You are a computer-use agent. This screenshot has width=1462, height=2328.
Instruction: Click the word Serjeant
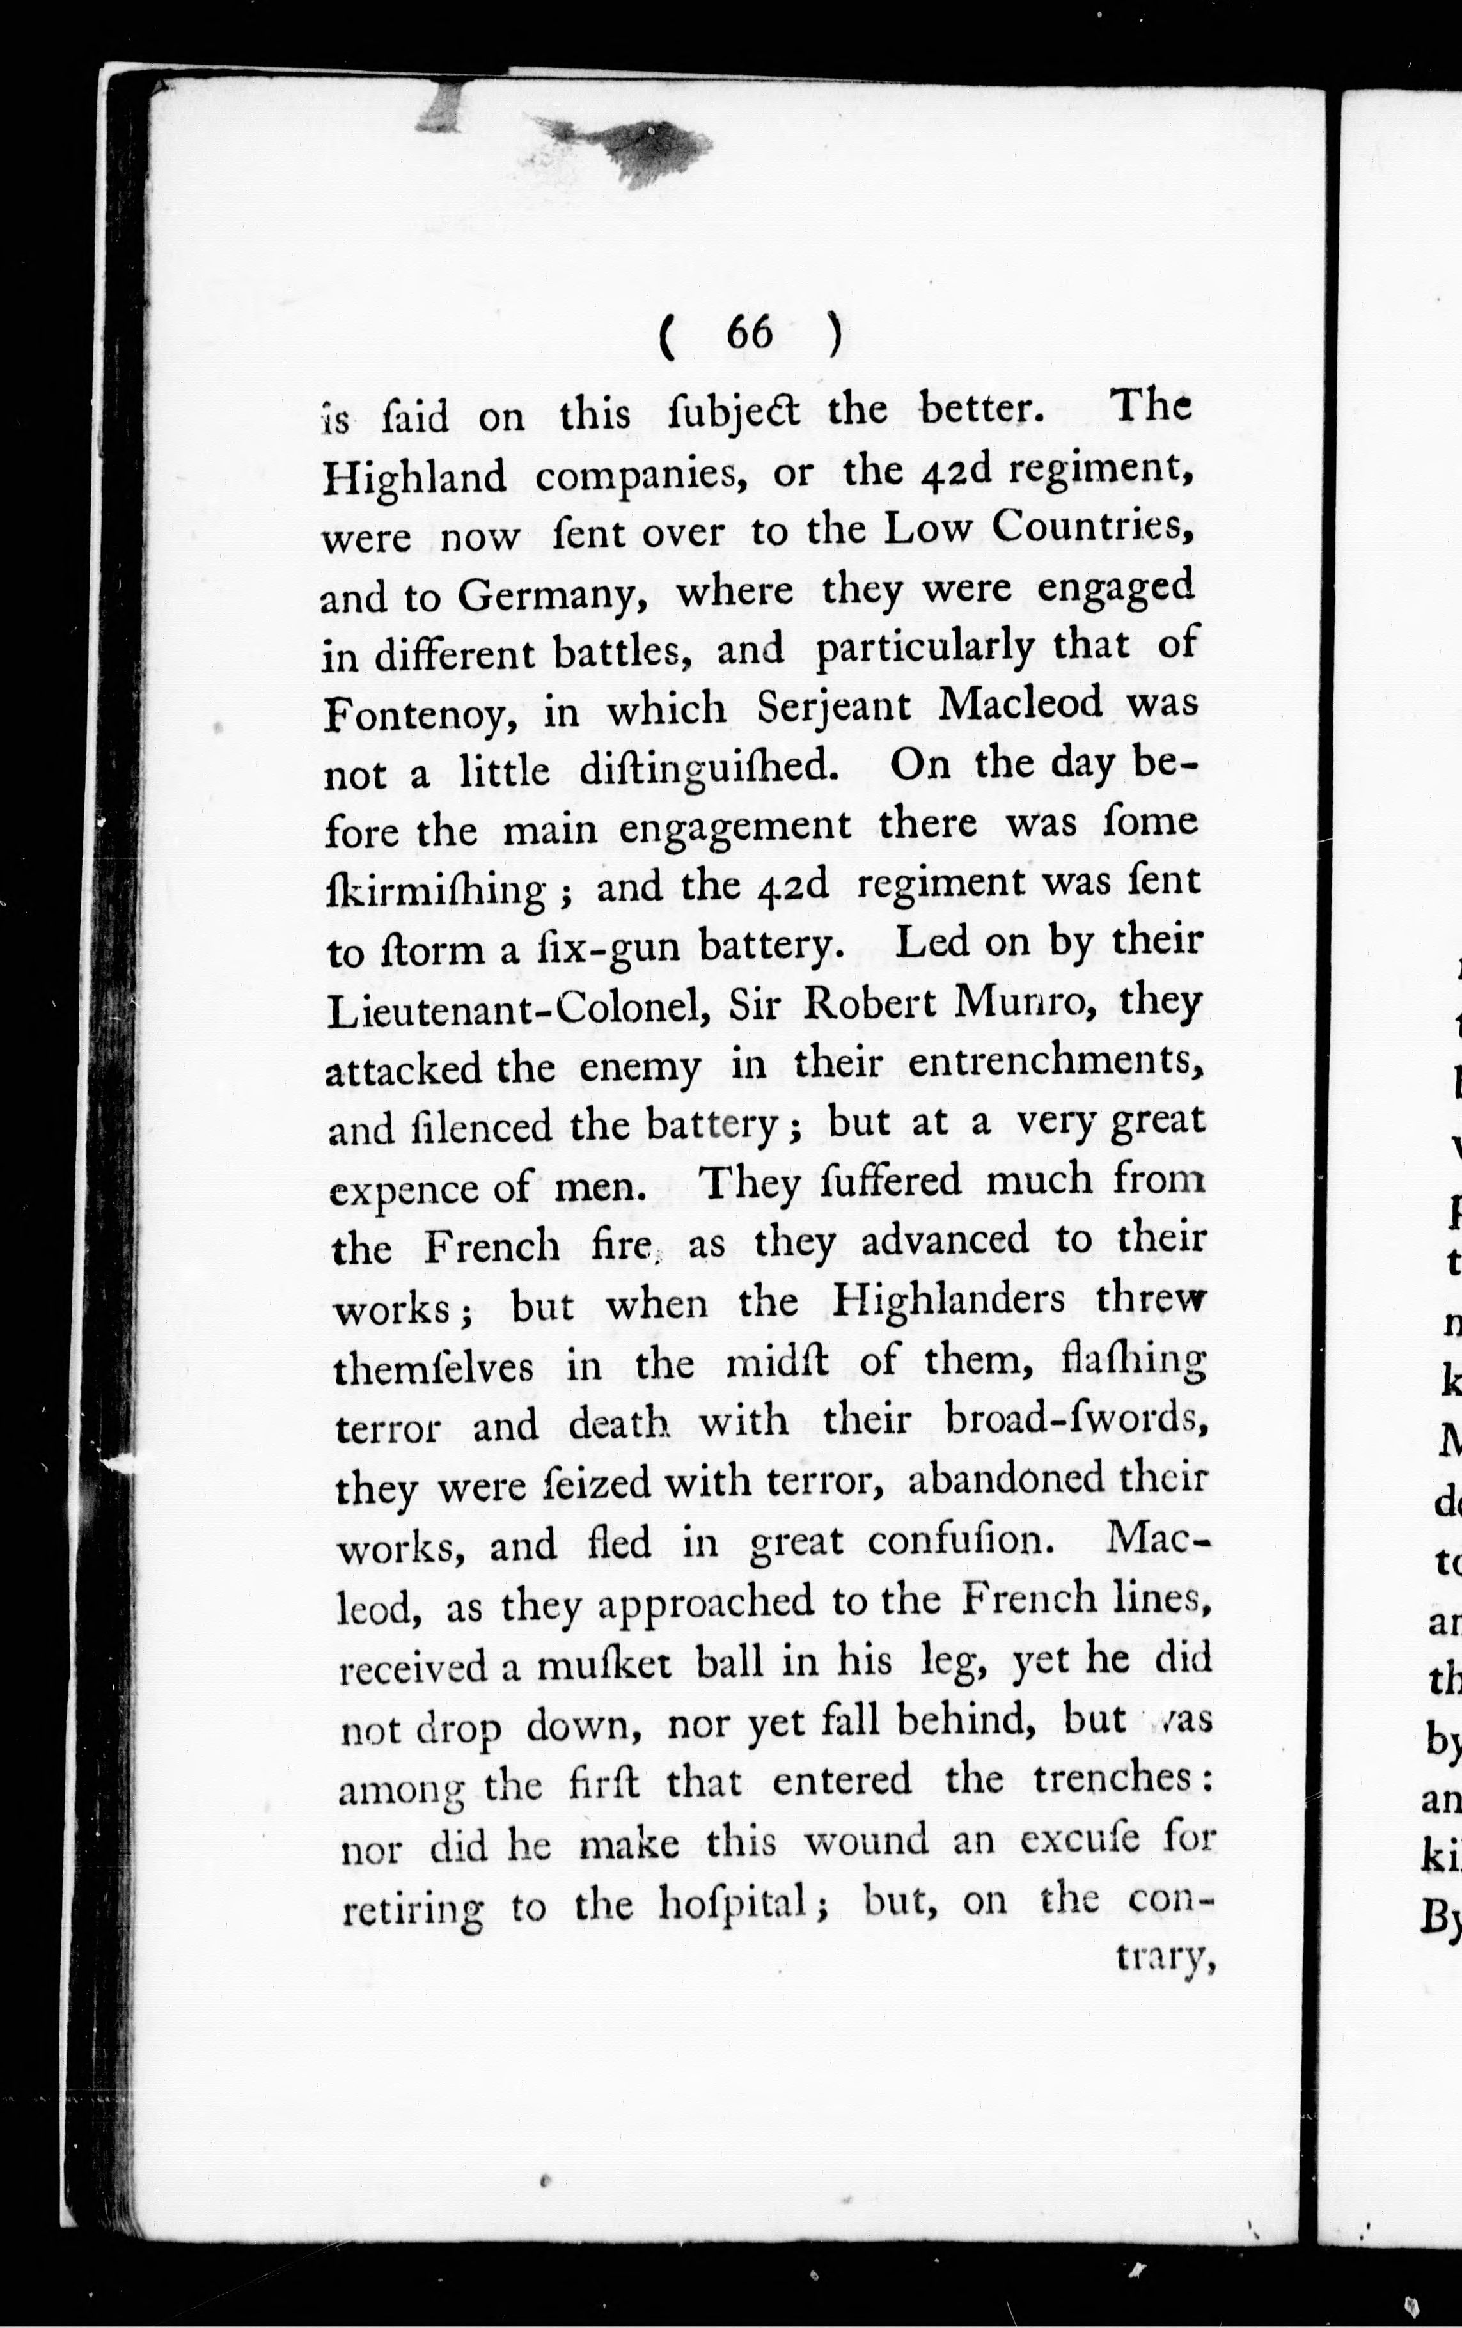[833, 707]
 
